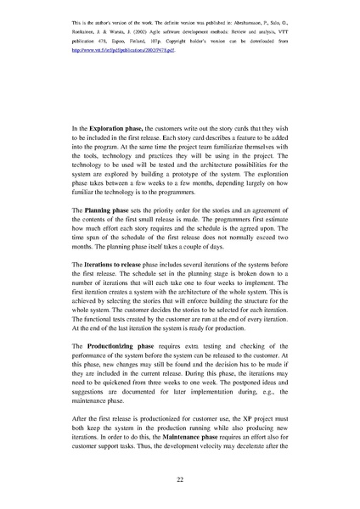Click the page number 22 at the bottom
[x=180, y=480]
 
